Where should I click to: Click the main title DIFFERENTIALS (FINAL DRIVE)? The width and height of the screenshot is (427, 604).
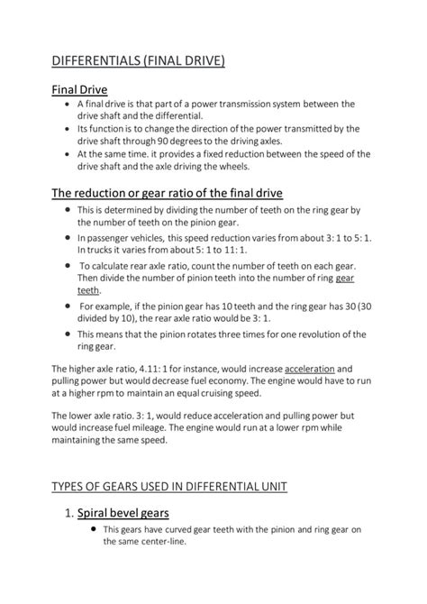point(137,60)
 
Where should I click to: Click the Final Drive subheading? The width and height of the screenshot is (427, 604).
point(79,89)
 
